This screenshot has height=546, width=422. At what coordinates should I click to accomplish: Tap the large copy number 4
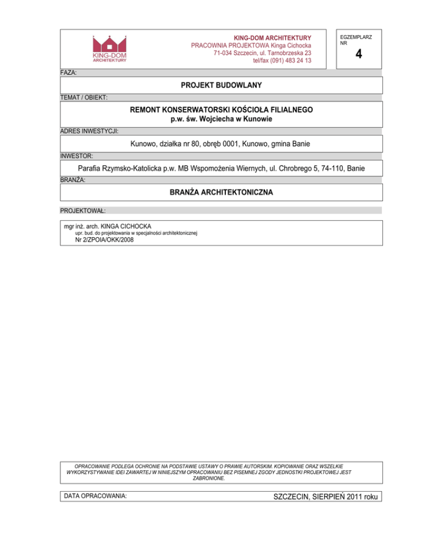[x=358, y=54]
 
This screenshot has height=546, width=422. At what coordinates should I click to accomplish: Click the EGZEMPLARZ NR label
[x=356, y=40]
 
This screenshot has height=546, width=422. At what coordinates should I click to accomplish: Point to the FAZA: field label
[x=69, y=73]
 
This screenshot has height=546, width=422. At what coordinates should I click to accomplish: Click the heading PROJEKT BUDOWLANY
[x=221, y=85]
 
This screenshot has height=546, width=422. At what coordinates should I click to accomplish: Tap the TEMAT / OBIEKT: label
[x=84, y=97]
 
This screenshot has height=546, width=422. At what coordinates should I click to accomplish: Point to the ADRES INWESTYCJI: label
[x=89, y=131]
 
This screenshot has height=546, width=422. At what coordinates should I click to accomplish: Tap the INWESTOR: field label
[x=77, y=156]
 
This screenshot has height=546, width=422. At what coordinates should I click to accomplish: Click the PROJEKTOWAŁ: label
[x=83, y=210]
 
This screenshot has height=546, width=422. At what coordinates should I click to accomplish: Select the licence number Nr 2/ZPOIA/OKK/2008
[x=104, y=240]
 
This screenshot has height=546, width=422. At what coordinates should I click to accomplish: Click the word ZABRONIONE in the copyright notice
[x=209, y=478]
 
